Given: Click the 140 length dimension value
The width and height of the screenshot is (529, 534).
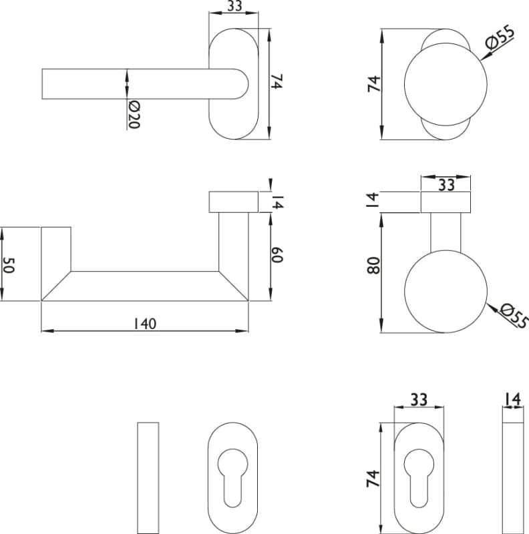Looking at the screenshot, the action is click(145, 324).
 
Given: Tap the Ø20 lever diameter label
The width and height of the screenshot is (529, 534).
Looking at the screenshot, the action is click(134, 115).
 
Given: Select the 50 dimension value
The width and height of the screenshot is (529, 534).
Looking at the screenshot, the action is click(9, 265).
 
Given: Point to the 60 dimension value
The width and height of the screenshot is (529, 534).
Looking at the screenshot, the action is click(277, 255).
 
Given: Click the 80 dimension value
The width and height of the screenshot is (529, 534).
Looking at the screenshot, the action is click(373, 266).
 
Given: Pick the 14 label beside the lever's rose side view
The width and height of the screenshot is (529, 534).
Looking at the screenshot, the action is click(278, 202).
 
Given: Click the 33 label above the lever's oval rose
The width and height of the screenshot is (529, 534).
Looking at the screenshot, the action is click(234, 6).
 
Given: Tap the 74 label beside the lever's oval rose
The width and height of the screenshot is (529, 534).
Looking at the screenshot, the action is click(277, 81).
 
